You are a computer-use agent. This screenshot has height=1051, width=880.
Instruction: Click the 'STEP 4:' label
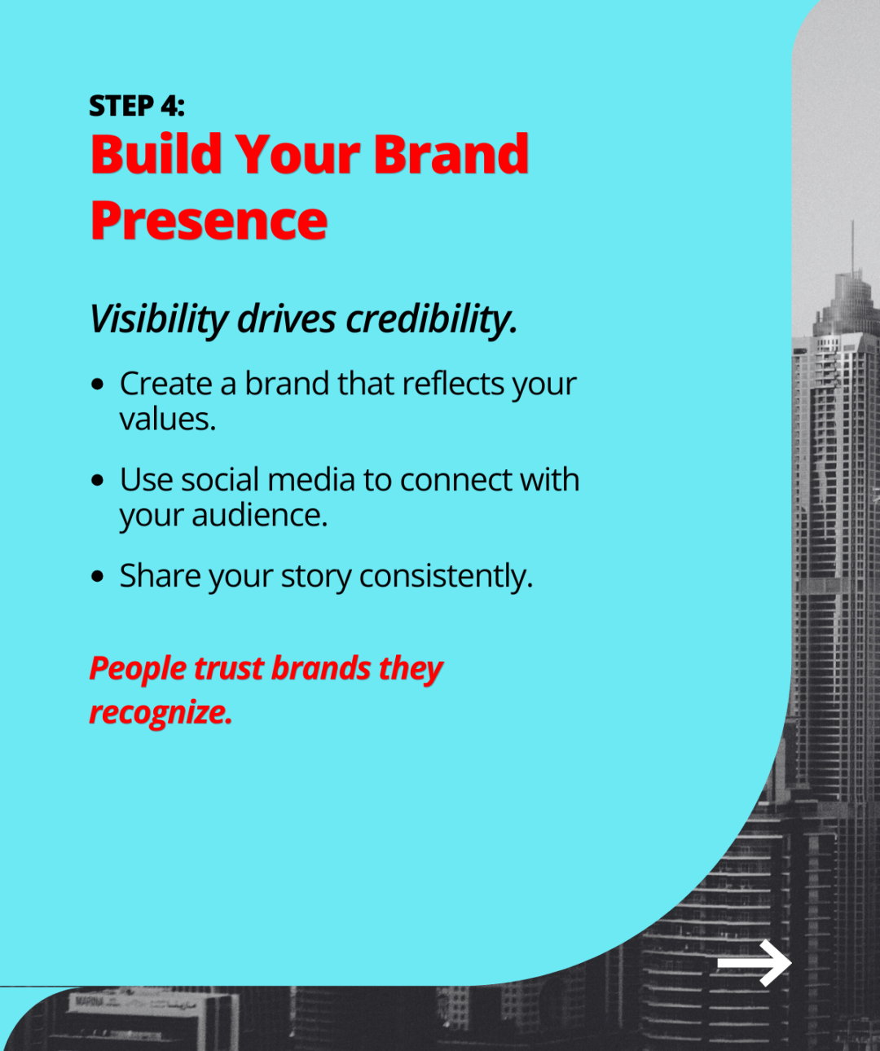pyautogui.click(x=137, y=106)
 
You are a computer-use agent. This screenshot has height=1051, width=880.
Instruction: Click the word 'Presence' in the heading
pyautogui.click(x=209, y=221)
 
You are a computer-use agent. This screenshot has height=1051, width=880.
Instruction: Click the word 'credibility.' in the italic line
pyautogui.click(x=432, y=319)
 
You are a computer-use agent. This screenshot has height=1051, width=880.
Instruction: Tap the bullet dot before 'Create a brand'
pyautogui.click(x=98, y=384)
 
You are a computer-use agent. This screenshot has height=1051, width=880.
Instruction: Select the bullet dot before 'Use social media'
pyautogui.click(x=98, y=480)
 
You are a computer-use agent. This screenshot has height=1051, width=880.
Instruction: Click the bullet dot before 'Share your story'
pyautogui.click(x=98, y=576)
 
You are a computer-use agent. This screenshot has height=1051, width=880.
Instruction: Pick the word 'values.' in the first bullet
pyautogui.click(x=168, y=420)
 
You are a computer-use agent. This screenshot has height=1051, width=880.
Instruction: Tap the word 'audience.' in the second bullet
pyautogui.click(x=259, y=515)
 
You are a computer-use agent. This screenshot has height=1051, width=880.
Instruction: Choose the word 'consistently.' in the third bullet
pyautogui.click(x=446, y=576)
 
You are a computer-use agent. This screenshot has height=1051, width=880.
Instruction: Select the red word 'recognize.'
pyautogui.click(x=161, y=712)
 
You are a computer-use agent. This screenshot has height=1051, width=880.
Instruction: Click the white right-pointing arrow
pyautogui.click(x=754, y=963)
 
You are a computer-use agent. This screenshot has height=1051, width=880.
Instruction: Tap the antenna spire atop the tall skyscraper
pyautogui.click(x=853, y=244)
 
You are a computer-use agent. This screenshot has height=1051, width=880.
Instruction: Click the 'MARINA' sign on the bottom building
pyautogui.click(x=89, y=1000)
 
